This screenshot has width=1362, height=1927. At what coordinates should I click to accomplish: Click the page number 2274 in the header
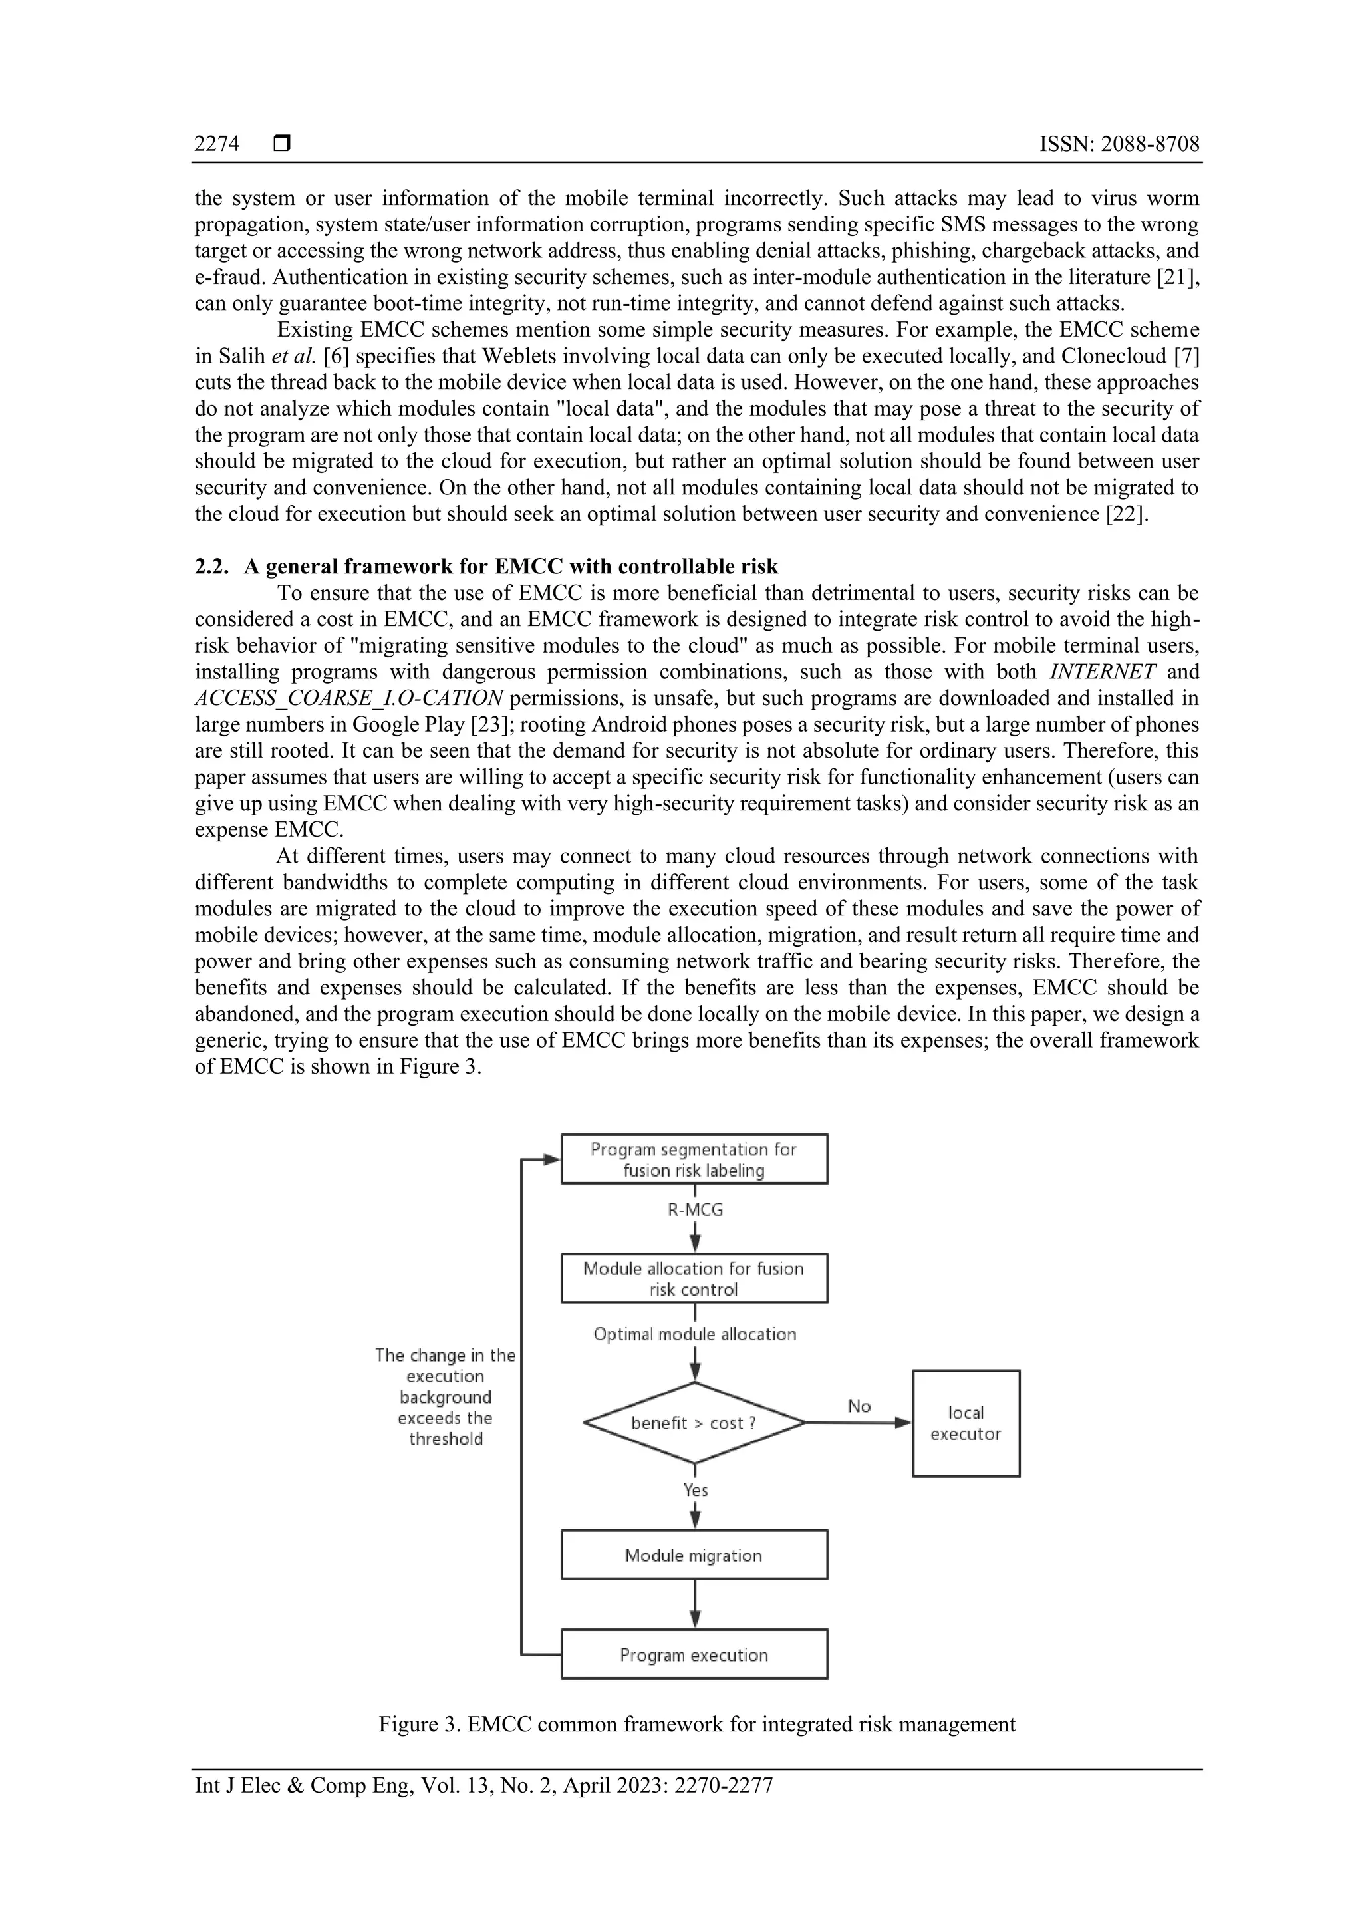[x=217, y=144]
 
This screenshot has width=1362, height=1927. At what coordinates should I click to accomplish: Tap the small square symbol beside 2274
[x=282, y=144]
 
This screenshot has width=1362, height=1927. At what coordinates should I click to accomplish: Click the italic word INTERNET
[x=1102, y=671]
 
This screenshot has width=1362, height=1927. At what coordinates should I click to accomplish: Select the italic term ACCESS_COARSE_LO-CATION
[x=349, y=698]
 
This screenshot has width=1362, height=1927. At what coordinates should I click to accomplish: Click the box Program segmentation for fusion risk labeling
[x=694, y=1159]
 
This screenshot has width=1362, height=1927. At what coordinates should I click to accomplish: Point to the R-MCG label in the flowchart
[x=695, y=1209]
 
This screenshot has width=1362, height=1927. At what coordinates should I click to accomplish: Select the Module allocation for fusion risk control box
[x=694, y=1278]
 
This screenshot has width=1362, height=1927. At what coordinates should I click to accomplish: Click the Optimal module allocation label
[x=695, y=1334]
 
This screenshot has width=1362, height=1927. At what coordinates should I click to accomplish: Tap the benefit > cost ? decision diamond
[x=694, y=1423]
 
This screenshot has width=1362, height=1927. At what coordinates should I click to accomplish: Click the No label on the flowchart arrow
[x=859, y=1406]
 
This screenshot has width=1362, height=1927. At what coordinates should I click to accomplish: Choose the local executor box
[x=966, y=1423]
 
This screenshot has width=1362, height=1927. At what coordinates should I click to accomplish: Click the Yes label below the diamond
[x=696, y=1490]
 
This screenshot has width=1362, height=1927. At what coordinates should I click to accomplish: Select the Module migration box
[x=694, y=1555]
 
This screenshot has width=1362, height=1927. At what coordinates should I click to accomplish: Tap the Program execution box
[x=694, y=1655]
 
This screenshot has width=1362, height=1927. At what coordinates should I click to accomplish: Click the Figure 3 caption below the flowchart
[x=696, y=1725]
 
